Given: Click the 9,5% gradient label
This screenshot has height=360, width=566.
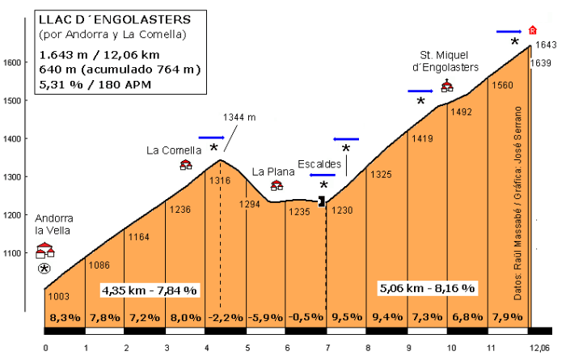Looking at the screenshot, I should coord(348,317).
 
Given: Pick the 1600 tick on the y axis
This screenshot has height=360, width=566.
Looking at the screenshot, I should coord(11,62).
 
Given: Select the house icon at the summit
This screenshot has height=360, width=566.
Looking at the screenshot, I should coord(532,30).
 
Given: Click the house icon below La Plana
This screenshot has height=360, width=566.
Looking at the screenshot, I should coord(277,185).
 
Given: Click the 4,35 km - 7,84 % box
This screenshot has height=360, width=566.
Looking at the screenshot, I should coord(150,290).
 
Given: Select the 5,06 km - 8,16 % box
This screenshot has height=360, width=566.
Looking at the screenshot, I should coord(427,287).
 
